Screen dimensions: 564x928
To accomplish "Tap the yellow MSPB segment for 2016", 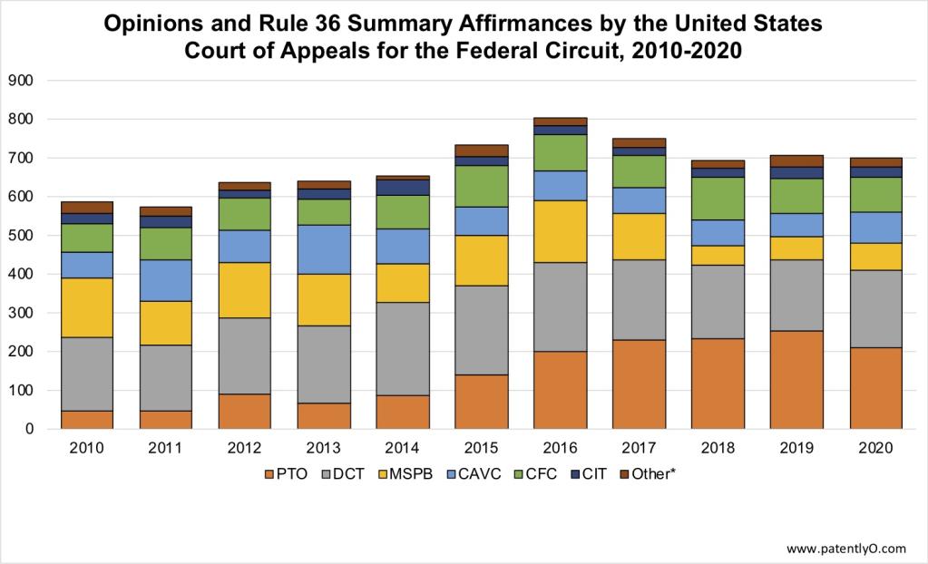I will coord(559,231).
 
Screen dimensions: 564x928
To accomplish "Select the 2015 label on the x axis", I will coord(482,449).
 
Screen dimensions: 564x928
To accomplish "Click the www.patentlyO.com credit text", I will coord(845,549).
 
